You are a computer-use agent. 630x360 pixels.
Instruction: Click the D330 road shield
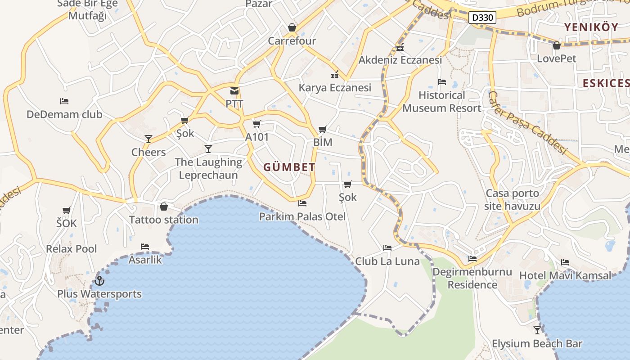tap(482, 18)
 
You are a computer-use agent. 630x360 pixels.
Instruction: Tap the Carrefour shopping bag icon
tap(292, 28)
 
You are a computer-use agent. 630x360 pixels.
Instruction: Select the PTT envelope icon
tap(234, 91)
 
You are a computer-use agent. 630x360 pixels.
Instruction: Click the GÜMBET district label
tap(289, 167)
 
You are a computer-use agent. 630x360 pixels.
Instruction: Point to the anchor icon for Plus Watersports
tap(99, 281)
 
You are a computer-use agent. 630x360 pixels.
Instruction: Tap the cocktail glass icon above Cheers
tap(148, 139)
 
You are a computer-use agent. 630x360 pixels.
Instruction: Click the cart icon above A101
tap(256, 124)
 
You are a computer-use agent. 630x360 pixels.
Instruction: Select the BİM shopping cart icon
tap(322, 130)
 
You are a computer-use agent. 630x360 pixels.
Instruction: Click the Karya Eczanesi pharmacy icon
tap(335, 74)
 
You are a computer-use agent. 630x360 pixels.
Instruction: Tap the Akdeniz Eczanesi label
tap(400, 60)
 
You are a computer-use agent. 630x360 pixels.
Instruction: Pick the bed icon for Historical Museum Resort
tap(442, 82)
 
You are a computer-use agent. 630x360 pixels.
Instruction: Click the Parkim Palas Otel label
tap(302, 217)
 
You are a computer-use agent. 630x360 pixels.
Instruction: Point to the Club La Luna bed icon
tap(387, 248)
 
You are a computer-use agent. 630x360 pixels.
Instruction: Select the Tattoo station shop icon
tap(164, 207)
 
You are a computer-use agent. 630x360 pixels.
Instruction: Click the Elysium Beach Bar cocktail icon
tap(537, 330)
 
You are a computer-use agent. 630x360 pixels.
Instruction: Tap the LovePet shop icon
tap(557, 45)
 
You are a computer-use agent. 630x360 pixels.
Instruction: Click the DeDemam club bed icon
tap(64, 101)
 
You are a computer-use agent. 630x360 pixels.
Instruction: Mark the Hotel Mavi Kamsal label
tap(566, 275)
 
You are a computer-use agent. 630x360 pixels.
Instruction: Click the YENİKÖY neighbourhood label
tap(591, 27)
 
